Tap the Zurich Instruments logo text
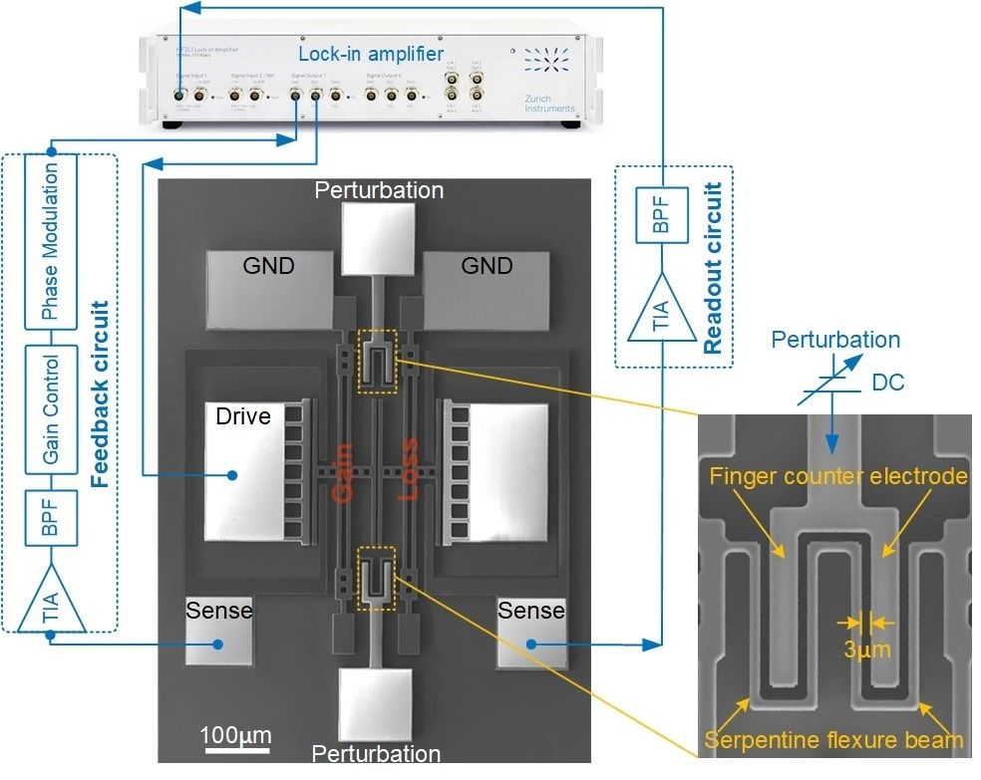(x=549, y=103)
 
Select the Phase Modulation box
(x=51, y=243)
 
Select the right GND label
(x=488, y=265)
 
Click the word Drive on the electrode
(x=243, y=415)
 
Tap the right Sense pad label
(x=531, y=610)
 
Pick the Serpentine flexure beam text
(x=833, y=740)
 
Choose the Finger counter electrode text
(x=837, y=477)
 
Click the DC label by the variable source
(x=887, y=382)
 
